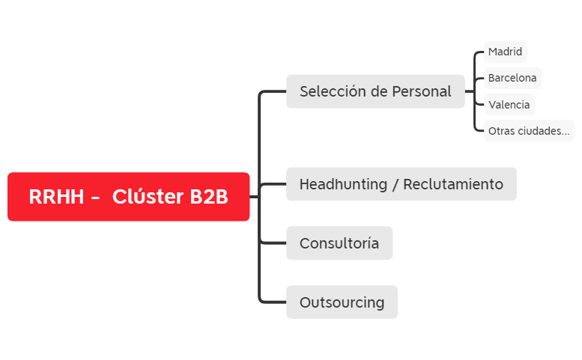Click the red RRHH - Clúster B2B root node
[x=128, y=197]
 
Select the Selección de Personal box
[x=375, y=91]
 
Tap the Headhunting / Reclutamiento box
[x=401, y=184]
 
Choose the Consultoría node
[x=339, y=243]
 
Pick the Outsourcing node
[x=342, y=302]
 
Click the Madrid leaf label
[x=505, y=52]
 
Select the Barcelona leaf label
[x=512, y=78]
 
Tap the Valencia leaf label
[x=509, y=105]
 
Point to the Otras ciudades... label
[x=528, y=131]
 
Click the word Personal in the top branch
[x=422, y=91]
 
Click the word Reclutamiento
[x=453, y=184]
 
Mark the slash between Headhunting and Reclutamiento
[x=395, y=184]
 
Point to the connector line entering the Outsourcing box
[x=274, y=302]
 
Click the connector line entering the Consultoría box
[x=274, y=243]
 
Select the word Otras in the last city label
[x=500, y=131]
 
